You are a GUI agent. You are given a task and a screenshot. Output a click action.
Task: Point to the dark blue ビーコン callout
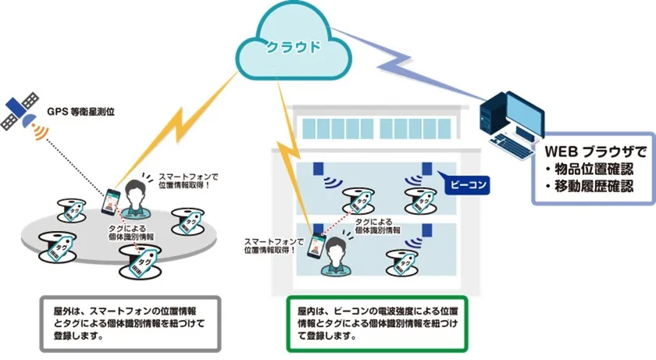coord(465,187)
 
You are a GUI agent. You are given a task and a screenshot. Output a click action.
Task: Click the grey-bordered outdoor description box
coord(130,321)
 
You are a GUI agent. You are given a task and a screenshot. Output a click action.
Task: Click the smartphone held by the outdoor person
coord(112,201)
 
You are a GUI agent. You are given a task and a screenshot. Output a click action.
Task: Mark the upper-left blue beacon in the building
coord(319,169)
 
